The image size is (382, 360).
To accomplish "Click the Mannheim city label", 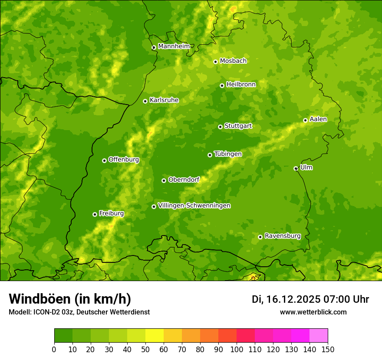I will pyautogui.click(x=174, y=46).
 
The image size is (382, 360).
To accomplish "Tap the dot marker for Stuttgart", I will pyautogui.click(x=220, y=127).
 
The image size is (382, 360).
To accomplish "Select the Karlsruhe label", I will pyautogui.click(x=164, y=100).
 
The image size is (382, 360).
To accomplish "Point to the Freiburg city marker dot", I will pyautogui.click(x=95, y=214).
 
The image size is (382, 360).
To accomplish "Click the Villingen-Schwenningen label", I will pyautogui.click(x=194, y=206).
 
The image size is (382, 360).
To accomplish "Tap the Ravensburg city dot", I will pyautogui.click(x=260, y=237).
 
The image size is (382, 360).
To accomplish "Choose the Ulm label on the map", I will pyautogui.click(x=306, y=167).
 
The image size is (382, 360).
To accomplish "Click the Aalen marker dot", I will pyautogui.click(x=305, y=120).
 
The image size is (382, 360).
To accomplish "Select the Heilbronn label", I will pyautogui.click(x=241, y=85).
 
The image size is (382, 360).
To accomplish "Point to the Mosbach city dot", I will pyautogui.click(x=215, y=62).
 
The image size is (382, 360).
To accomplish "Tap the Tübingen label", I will pyautogui.click(x=227, y=154).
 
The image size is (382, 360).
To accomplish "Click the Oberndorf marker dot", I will pyautogui.click(x=164, y=180).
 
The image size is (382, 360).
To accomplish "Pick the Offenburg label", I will pyautogui.click(x=124, y=160).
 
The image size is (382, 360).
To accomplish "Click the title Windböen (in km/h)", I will pyautogui.click(x=70, y=299).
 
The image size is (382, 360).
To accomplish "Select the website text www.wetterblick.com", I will pyautogui.click(x=313, y=312).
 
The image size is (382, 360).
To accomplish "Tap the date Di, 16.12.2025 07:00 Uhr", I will pyautogui.click(x=310, y=299).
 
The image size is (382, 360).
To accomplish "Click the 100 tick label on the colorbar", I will pyautogui.click(x=237, y=349).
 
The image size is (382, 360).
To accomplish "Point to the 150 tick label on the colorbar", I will pyautogui.click(x=328, y=349).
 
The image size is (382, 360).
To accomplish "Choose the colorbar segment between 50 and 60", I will pyautogui.click(x=155, y=336).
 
